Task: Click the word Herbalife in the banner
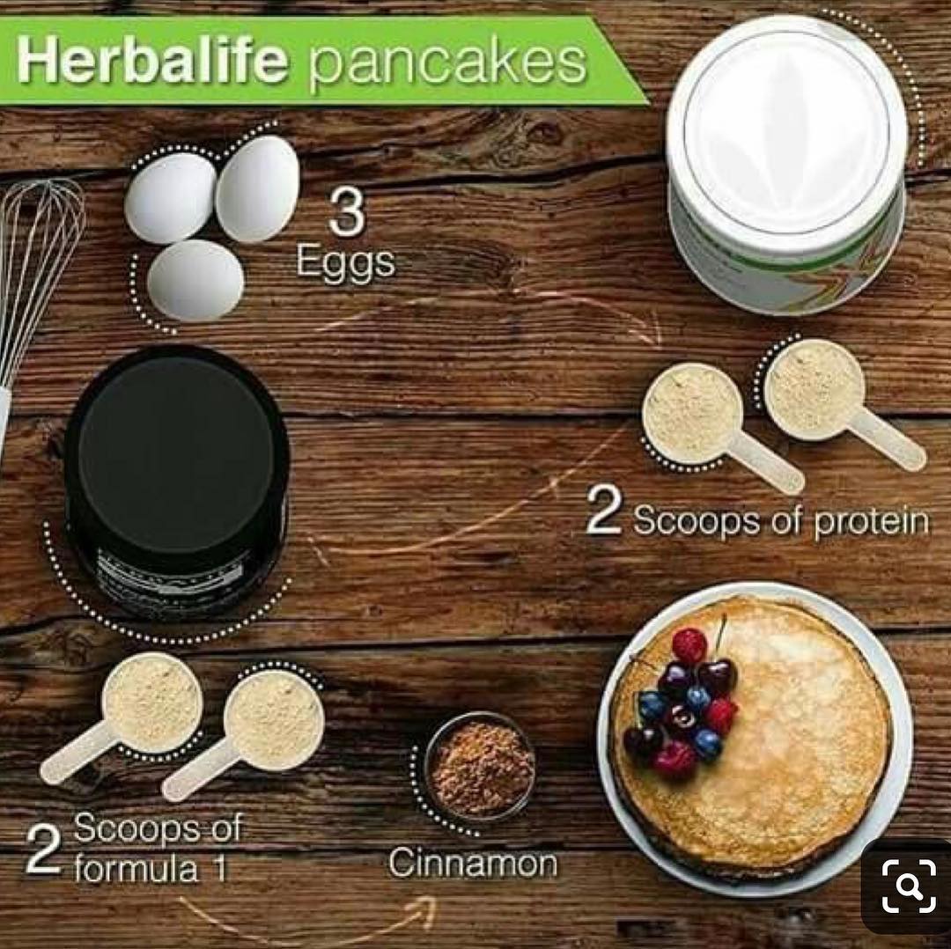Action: (x=152, y=62)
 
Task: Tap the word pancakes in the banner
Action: (x=447, y=64)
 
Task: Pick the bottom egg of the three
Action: (x=195, y=279)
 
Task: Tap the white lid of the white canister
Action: (x=786, y=130)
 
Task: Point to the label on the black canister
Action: (x=176, y=582)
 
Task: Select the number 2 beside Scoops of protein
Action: (x=603, y=518)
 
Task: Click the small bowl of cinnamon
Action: (x=480, y=766)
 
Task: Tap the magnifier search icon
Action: (x=909, y=886)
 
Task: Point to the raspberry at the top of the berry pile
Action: (x=689, y=646)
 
